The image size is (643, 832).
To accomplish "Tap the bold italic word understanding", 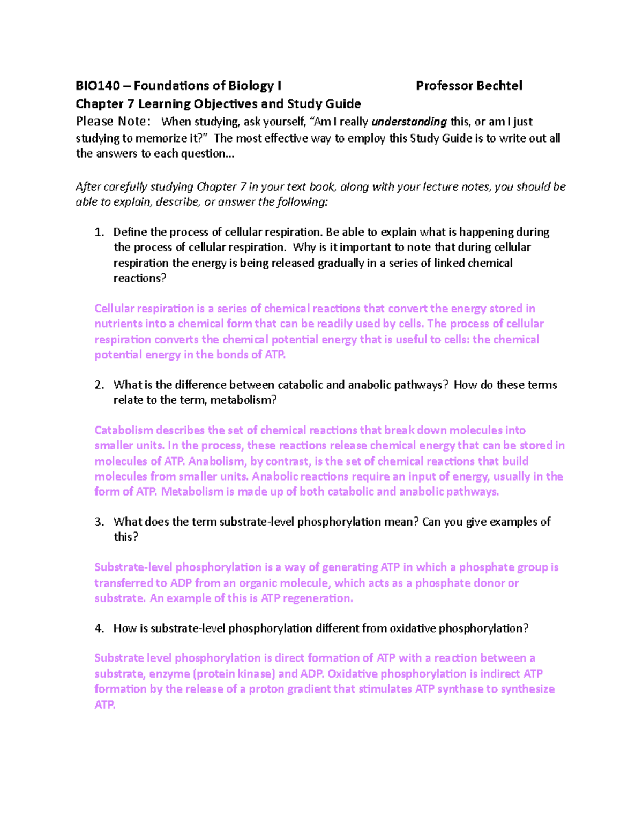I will [409, 122].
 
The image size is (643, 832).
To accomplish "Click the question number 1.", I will [99, 232].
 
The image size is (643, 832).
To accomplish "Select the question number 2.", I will [99, 385].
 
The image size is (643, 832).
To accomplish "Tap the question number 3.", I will [99, 522].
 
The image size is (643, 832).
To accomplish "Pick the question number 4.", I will [99, 628].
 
